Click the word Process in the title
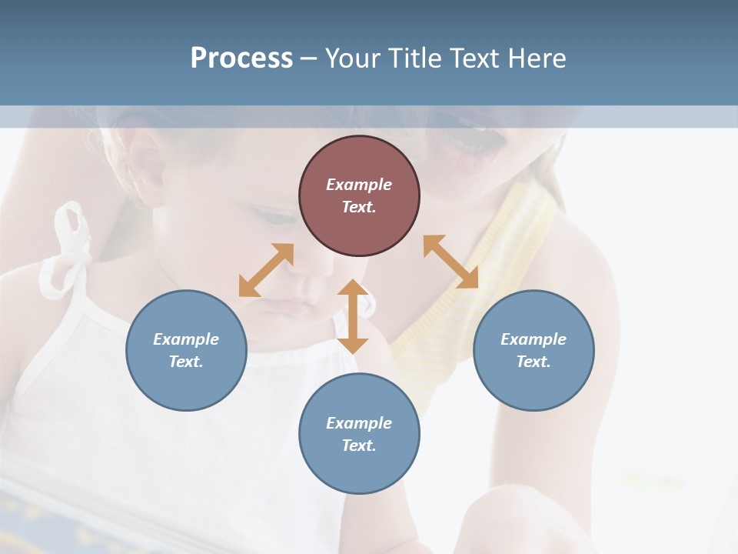[241, 58]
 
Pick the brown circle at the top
[359, 195]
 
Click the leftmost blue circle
[186, 350]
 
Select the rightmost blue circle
[534, 350]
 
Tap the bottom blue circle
[359, 434]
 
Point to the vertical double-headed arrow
[353, 316]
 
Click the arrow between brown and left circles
[266, 270]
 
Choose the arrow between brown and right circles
[450, 262]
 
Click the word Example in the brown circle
[359, 185]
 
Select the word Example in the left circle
[186, 339]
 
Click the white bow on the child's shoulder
[69, 246]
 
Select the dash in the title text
[309, 58]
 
